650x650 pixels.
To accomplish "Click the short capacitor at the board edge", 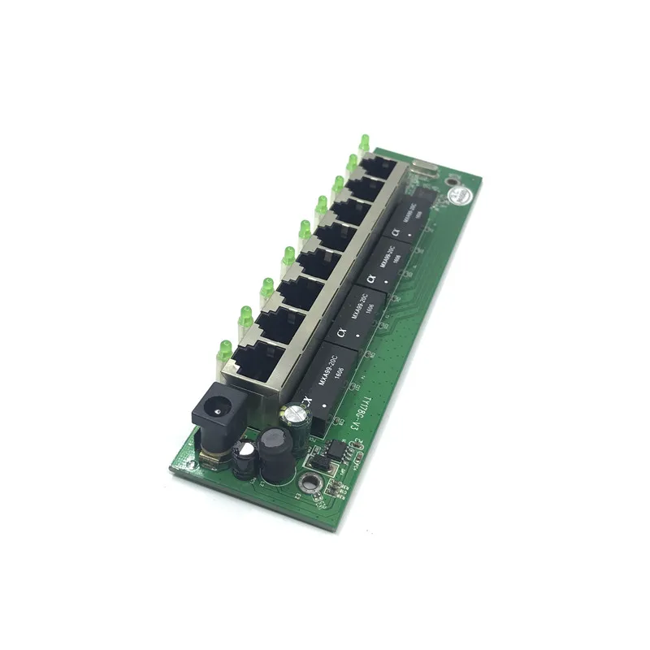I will tap(241, 460).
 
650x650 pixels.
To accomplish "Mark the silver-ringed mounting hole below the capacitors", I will tap(309, 479).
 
